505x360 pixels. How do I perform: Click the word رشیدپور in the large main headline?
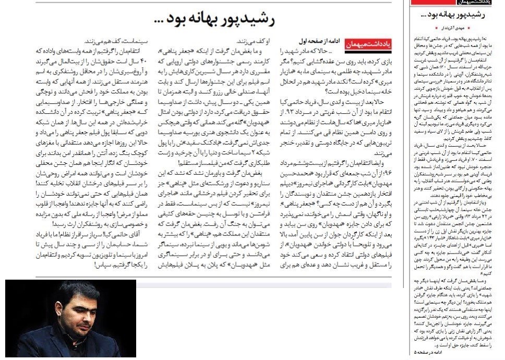tap(246, 19)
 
